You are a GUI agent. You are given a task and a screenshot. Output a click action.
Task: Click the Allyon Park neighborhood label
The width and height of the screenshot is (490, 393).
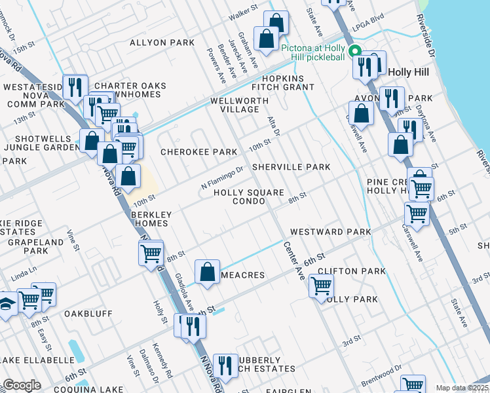point(162,43)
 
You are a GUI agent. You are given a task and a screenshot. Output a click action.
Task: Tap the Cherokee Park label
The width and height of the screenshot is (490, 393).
point(199,152)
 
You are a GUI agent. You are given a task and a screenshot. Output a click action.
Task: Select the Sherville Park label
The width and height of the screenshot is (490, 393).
point(292,167)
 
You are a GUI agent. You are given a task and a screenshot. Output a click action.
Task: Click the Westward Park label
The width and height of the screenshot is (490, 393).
point(330,232)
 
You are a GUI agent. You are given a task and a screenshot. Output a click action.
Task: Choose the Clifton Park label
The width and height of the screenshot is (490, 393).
point(351,271)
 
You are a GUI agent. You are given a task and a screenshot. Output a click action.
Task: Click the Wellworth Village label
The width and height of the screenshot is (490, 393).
point(239,105)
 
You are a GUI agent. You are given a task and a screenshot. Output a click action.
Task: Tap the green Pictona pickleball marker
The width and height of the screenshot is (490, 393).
point(354,51)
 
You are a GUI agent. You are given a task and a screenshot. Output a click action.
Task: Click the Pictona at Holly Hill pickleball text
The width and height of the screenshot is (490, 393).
point(313,52)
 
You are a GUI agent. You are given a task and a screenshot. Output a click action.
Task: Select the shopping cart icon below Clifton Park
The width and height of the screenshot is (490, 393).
point(321,286)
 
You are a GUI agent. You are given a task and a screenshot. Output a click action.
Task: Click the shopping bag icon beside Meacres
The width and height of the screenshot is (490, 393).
point(208,272)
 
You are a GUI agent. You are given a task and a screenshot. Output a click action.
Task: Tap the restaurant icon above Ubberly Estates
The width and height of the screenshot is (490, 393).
point(225,367)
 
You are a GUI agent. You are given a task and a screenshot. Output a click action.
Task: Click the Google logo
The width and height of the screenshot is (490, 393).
point(22,385)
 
